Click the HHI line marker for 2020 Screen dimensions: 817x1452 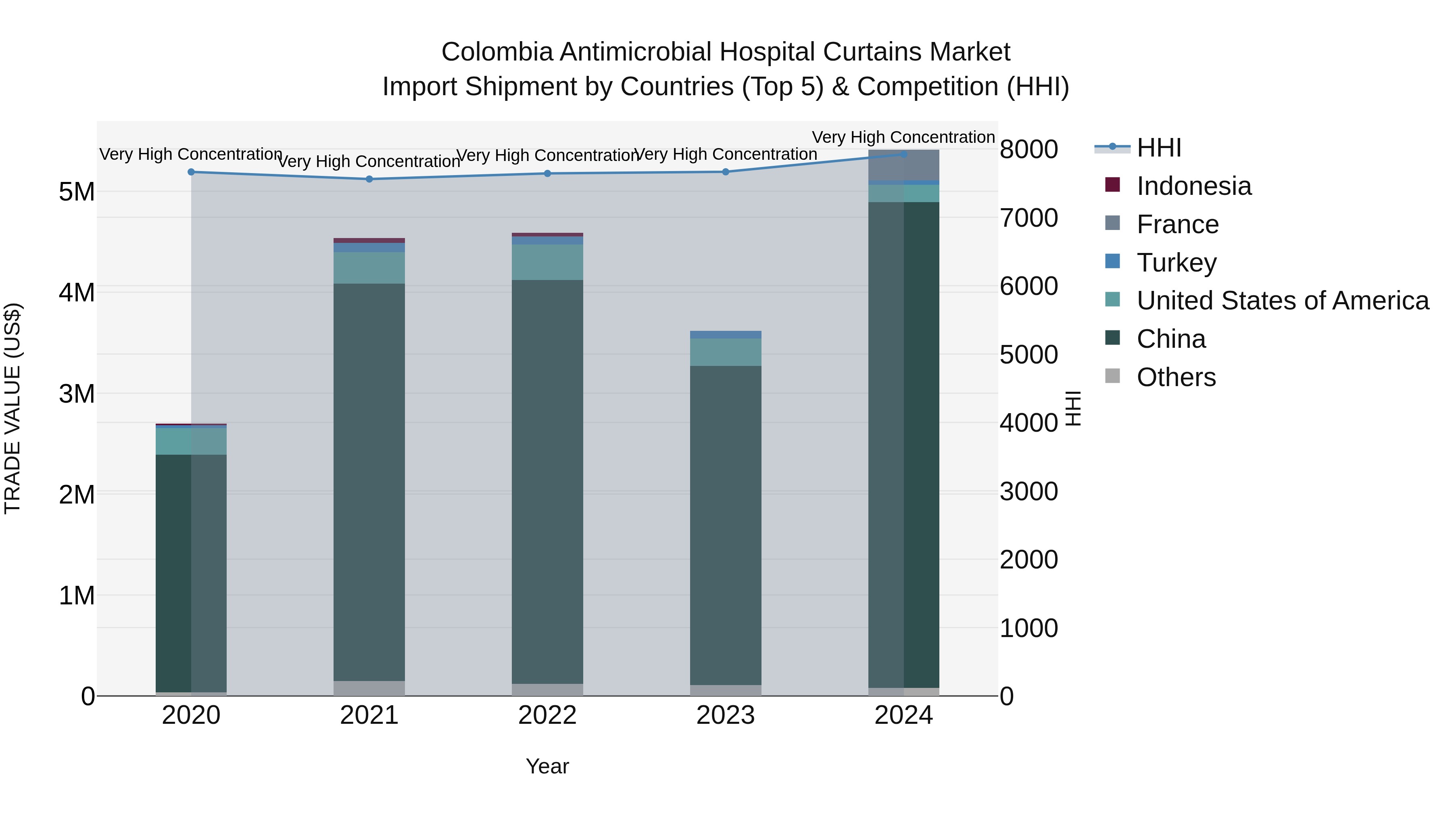pos(191,172)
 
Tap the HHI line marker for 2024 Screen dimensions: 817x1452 pos(903,154)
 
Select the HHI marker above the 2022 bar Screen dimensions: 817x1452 pos(547,173)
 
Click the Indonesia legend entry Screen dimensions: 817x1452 pos(1193,186)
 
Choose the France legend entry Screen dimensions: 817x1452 pos(1177,224)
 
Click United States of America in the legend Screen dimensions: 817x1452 pos(1282,301)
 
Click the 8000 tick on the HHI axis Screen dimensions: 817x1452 pos(1028,149)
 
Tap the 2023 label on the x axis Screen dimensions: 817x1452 pos(726,715)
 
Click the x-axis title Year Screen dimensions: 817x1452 pos(547,766)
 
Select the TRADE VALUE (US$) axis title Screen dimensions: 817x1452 pos(13,408)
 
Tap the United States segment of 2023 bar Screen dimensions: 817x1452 pos(726,352)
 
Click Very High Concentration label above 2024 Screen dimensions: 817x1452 pos(903,137)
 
